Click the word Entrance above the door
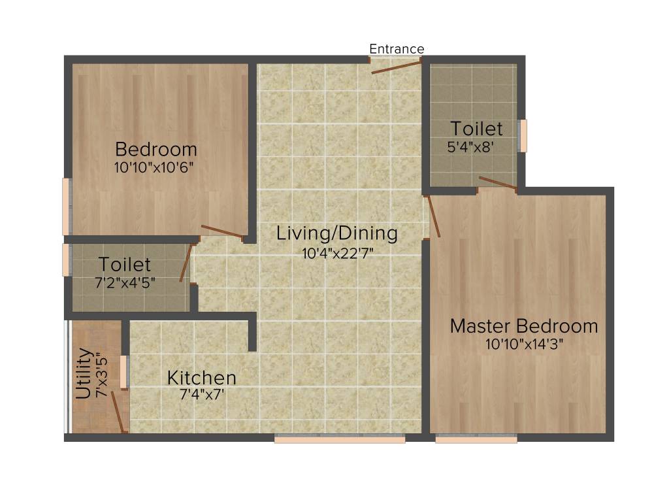point(397,49)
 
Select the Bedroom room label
point(156,148)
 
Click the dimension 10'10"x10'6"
point(154,167)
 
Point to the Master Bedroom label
point(523,326)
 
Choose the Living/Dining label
point(336,233)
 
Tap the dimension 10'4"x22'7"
point(337,252)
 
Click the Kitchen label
point(201,378)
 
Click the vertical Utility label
point(84,373)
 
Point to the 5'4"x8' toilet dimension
point(475,147)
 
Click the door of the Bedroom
point(222,231)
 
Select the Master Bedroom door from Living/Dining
point(434,216)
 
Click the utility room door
point(118,412)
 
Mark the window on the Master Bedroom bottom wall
point(476,439)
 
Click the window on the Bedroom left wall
point(66,207)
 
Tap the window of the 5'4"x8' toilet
point(522,135)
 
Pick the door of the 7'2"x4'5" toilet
point(186,264)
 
